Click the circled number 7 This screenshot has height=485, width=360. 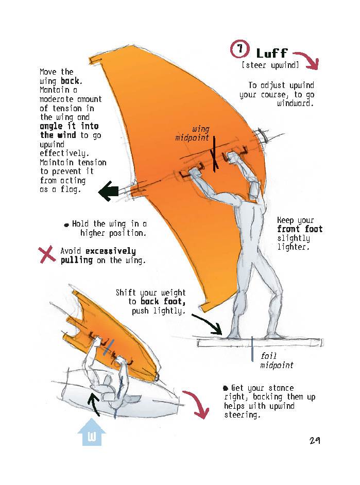click(240, 50)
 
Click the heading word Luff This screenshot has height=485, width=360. click(271, 54)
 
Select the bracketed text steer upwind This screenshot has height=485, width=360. click(270, 65)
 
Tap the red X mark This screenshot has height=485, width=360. click(47, 254)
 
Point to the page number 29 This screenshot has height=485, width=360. click(315, 441)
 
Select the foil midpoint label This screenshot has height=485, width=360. click(276, 360)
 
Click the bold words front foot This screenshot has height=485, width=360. click(300, 229)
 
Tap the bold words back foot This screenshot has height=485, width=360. click(163, 302)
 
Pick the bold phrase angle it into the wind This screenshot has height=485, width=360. click(70, 130)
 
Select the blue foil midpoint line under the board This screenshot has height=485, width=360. click(252, 349)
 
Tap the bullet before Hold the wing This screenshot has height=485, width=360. click(66, 225)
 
